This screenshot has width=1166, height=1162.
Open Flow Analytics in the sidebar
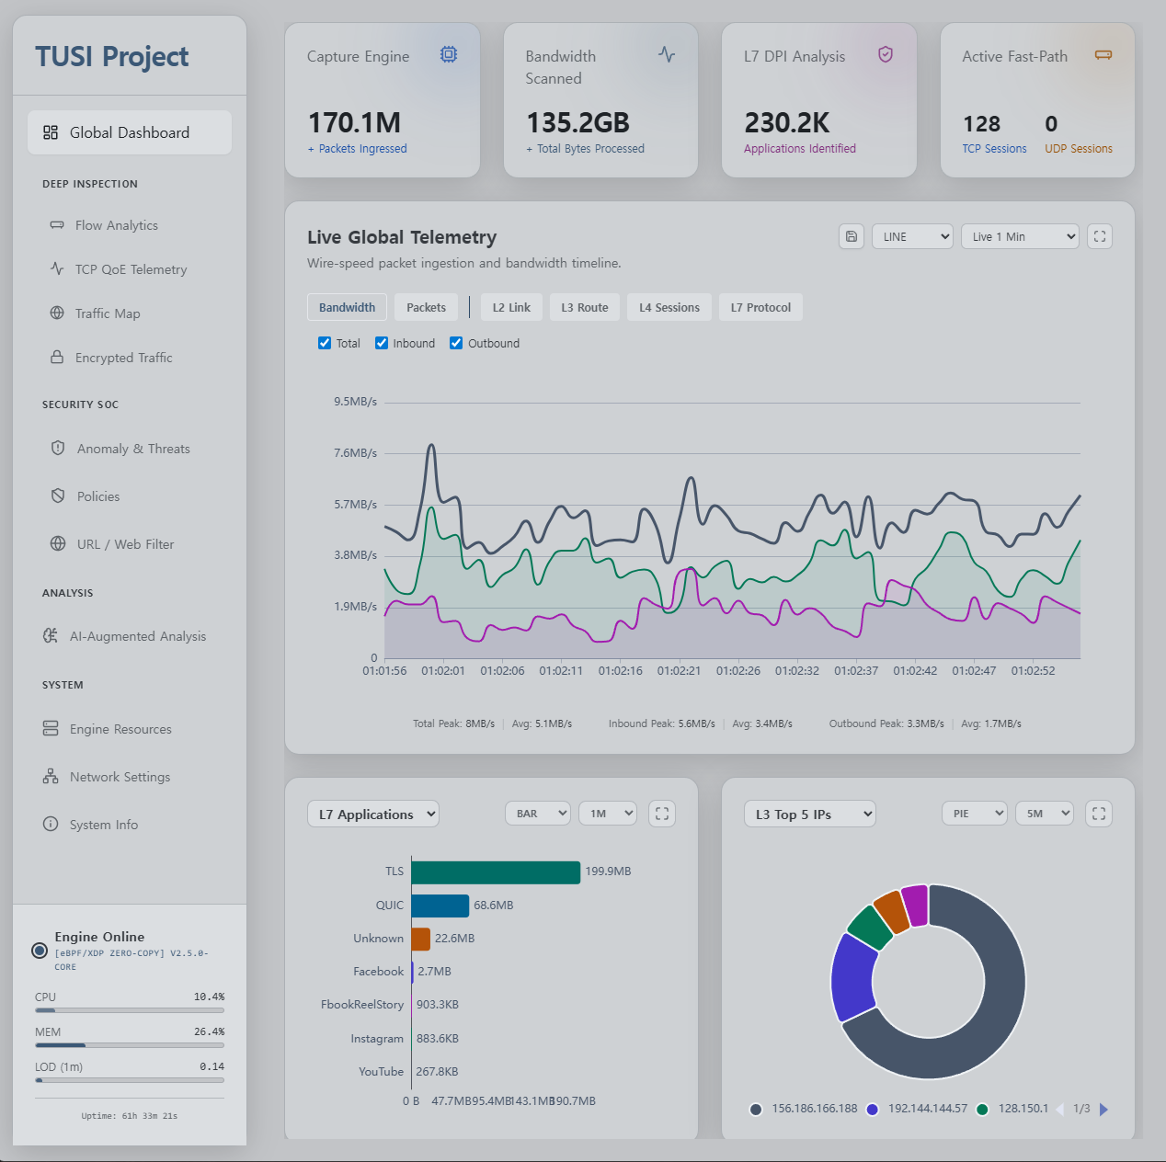click(116, 225)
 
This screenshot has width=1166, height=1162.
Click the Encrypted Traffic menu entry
click(123, 358)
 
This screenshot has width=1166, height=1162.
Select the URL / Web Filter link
click(125, 544)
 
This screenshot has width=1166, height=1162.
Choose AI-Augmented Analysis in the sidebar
click(137, 636)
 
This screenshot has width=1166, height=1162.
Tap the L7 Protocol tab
click(760, 307)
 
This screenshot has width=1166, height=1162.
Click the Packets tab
click(426, 307)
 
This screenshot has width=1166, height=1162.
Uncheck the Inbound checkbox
click(382, 343)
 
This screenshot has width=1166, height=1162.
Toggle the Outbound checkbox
click(456, 343)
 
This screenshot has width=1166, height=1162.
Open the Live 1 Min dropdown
click(1020, 236)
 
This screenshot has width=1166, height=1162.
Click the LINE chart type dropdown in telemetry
click(912, 236)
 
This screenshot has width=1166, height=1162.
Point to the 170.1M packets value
click(354, 122)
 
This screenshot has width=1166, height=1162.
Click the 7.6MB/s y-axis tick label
click(355, 453)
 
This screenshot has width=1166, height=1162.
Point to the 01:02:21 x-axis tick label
click(679, 671)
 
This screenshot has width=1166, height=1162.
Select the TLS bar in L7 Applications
click(496, 871)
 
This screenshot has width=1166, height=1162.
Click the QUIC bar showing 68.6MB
click(440, 906)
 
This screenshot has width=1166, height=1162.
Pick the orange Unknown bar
click(421, 939)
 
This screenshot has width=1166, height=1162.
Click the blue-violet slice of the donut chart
click(852, 977)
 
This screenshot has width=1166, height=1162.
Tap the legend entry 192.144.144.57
click(927, 1109)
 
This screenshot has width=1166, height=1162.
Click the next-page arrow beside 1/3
click(1104, 1110)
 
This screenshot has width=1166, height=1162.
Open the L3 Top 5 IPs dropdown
click(809, 814)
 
